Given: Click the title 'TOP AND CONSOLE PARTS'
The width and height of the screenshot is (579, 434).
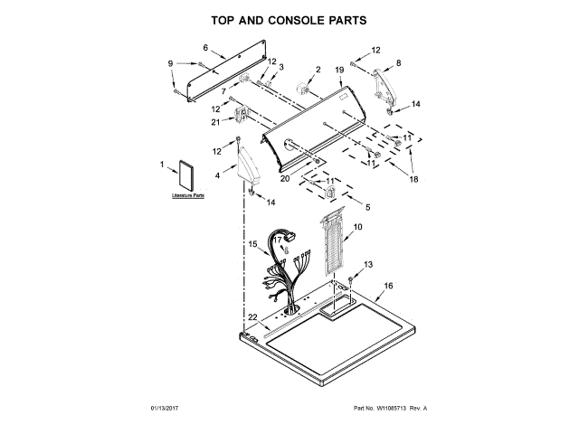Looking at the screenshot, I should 290,19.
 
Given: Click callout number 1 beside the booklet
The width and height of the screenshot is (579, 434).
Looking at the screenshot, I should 163,165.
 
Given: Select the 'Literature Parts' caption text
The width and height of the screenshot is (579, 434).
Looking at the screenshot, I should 188,194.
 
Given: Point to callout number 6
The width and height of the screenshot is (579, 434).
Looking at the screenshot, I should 204,47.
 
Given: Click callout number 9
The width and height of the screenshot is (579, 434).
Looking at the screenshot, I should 171,62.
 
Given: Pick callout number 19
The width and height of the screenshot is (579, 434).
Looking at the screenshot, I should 339,70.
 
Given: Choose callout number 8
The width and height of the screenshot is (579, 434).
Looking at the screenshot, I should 398,62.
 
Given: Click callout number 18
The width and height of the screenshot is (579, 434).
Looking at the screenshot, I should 413,180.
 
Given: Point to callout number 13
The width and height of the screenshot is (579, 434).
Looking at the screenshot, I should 367,264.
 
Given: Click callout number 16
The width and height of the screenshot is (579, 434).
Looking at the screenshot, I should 389,287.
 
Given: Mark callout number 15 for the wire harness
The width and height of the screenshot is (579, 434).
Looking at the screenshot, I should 253,244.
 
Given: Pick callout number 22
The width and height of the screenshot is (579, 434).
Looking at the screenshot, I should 253,316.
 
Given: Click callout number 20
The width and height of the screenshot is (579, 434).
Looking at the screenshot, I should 284,178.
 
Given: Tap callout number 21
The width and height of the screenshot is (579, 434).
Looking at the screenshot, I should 215,121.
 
